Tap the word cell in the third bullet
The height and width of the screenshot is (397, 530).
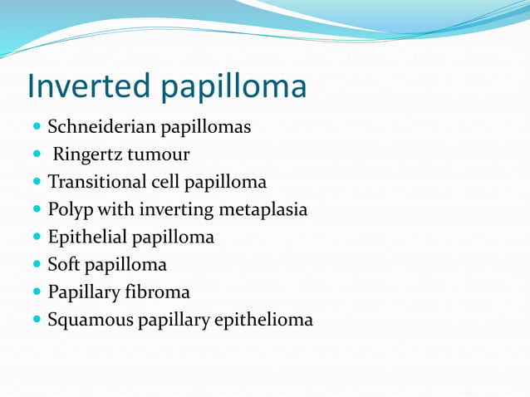(x=169, y=182)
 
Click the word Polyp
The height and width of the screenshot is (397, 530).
(x=69, y=210)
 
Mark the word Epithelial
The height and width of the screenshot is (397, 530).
(x=87, y=238)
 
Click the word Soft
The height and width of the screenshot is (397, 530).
(x=64, y=265)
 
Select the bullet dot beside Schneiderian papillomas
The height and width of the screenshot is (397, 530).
(x=37, y=128)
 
